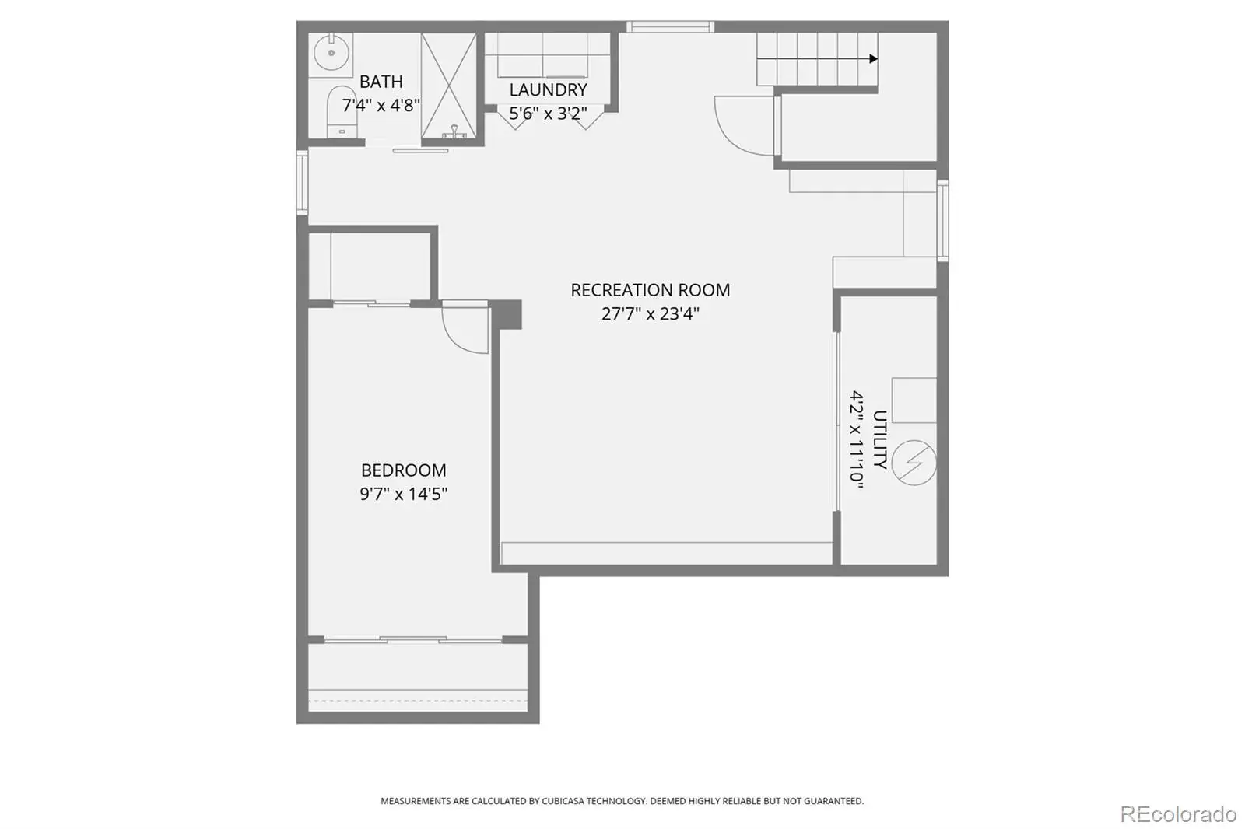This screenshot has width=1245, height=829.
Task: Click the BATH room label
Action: pos(381,82)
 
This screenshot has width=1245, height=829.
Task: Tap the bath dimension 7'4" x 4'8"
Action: pos(381,105)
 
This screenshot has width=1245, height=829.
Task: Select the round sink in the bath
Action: pos(331,54)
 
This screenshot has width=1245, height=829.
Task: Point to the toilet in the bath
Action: pos(342,111)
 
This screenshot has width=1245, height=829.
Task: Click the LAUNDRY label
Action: pos(548,89)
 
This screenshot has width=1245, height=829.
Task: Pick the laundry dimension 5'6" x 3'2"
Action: pos(548,114)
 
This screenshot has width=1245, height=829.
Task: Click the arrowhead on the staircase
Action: pos(874,59)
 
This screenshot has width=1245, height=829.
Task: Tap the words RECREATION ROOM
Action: pos(651,290)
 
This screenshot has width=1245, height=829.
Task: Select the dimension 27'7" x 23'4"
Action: pos(651,314)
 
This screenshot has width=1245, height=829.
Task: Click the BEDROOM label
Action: pos(404,470)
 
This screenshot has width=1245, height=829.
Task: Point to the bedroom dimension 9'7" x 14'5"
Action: pos(404,494)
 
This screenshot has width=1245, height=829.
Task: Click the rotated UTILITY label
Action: pos(880,439)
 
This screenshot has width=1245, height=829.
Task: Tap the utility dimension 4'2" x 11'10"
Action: pos(857,439)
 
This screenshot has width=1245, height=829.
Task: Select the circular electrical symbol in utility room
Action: pos(914,463)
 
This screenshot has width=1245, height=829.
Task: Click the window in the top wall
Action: pos(670,26)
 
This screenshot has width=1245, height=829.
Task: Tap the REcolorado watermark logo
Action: pos(1178,814)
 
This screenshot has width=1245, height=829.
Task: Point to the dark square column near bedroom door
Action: pos(506,314)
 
